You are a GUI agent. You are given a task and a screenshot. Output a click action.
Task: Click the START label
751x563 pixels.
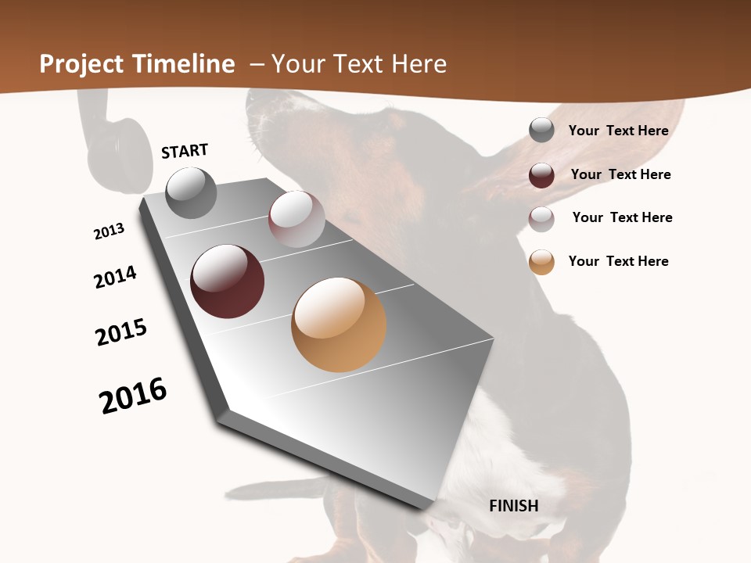pos(185,151)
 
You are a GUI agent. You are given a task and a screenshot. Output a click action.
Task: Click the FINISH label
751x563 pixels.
pos(514,506)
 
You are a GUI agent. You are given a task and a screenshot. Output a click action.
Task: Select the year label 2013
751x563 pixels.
pos(109,231)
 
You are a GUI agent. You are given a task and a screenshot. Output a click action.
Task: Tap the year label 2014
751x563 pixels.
pos(116,277)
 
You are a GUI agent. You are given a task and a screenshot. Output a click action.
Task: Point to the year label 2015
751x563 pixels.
pos(121,332)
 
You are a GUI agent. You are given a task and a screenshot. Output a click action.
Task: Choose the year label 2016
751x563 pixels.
pos(133,395)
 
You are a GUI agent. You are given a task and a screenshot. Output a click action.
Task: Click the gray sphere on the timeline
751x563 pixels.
pos(191,192)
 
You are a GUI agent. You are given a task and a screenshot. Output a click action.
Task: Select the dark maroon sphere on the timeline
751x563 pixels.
pos(227,281)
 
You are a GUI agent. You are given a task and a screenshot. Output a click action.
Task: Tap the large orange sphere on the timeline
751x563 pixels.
pos(339,325)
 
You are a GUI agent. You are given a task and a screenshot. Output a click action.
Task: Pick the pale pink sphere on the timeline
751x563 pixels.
pos(296,218)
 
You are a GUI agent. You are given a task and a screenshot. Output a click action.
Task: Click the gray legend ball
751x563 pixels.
pos(541,131)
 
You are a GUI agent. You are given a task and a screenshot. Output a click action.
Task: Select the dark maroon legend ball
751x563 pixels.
pos(541,175)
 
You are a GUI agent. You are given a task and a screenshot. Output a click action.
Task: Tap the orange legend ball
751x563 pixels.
pos(541,262)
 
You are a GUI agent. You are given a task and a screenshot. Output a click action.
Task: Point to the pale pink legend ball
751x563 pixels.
pos(541,218)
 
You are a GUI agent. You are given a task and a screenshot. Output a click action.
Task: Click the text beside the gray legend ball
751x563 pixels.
pos(619,131)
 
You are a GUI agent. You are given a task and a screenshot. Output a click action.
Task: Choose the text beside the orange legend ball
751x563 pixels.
pos(619,261)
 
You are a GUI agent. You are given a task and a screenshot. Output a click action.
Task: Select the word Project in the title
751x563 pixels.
pos(81,64)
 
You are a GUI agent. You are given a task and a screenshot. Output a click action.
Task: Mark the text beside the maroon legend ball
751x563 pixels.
pos(621,174)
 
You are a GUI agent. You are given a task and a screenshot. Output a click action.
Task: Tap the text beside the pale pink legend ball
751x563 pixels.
pos(623,217)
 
